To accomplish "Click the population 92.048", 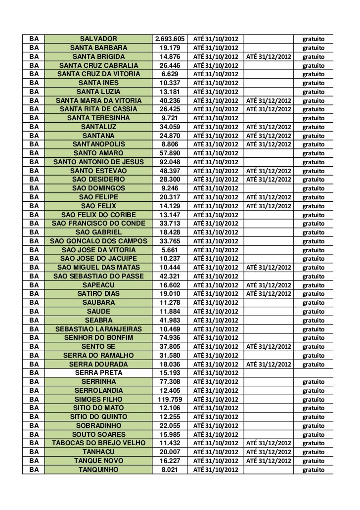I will point(170,162).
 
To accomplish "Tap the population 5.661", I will point(170,250).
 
